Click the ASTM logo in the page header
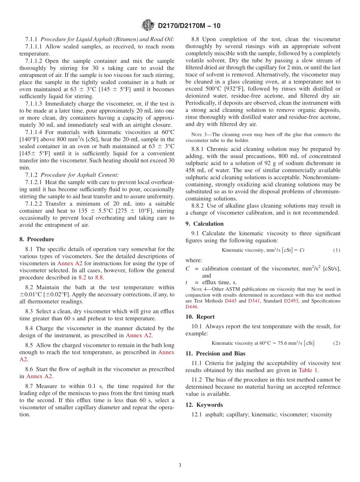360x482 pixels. [x=148, y=25]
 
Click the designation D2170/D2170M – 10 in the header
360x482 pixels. [x=189, y=26]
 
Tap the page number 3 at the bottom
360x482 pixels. [x=180, y=465]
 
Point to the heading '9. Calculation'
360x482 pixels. [x=204, y=224]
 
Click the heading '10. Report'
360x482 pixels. [x=200, y=317]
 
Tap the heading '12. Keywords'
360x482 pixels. [x=204, y=405]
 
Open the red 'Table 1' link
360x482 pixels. [x=308, y=370]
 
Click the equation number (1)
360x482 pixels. [x=337, y=250]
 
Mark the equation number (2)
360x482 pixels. [x=337, y=343]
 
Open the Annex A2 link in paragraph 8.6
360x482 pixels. [x=39, y=376]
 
